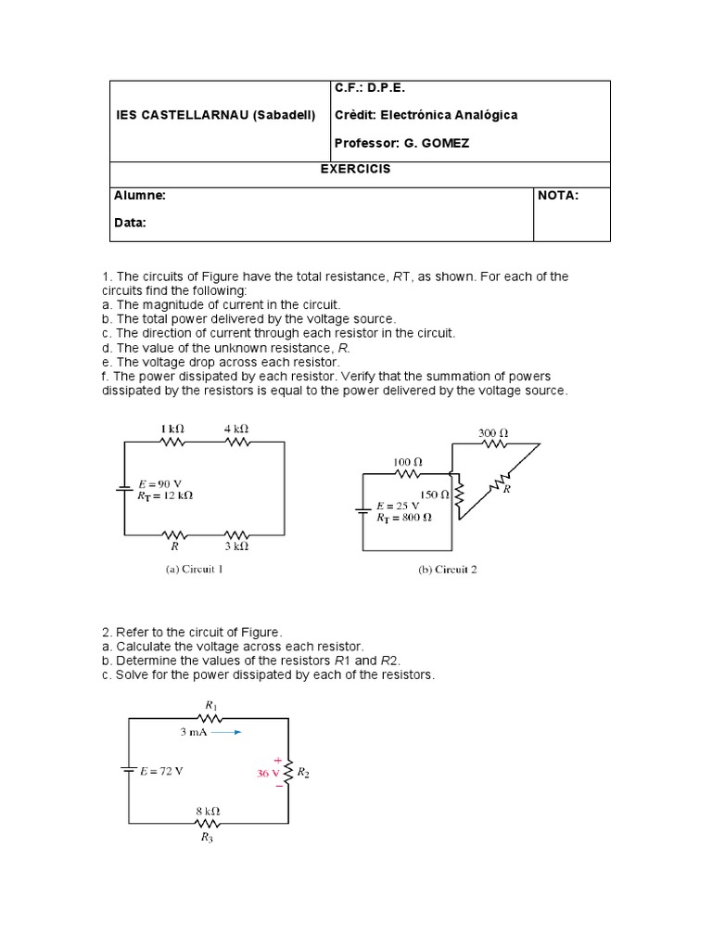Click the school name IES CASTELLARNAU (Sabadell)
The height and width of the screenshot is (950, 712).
[215, 115]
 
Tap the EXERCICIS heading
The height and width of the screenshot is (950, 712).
[360, 170]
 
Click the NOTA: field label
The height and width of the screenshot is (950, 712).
[558, 196]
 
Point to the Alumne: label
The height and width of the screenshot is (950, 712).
[140, 196]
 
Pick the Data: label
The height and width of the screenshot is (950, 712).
[131, 223]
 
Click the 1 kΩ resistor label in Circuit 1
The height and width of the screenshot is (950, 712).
[172, 429]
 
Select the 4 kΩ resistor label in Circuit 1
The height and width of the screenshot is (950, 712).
[235, 429]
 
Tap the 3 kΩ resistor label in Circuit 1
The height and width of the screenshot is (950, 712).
[236, 547]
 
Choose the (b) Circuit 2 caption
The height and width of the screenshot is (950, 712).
[448, 570]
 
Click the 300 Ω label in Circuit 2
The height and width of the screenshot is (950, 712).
[493, 432]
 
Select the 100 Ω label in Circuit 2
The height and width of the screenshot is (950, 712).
[407, 460]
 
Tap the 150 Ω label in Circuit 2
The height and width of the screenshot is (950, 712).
[434, 494]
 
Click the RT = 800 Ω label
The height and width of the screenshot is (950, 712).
[403, 519]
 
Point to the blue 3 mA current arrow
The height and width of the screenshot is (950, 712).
[226, 732]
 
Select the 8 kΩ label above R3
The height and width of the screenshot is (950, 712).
[208, 810]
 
